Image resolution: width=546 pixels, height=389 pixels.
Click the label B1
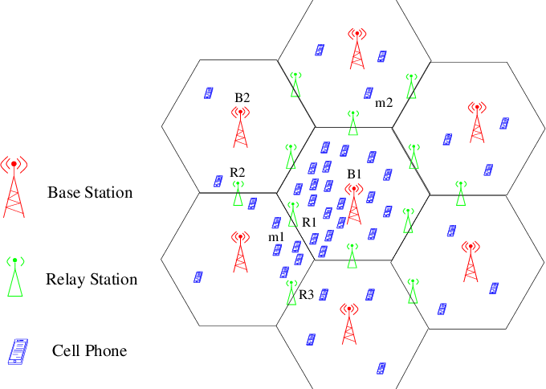coord(354,174)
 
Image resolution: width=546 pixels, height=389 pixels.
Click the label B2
coord(242,97)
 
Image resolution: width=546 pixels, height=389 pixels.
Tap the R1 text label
coord(309,222)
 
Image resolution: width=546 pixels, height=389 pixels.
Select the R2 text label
coord(237,172)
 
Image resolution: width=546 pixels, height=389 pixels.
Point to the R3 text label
coord(307,295)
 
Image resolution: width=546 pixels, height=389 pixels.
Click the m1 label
coord(276,237)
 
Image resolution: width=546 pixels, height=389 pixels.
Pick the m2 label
coord(384,103)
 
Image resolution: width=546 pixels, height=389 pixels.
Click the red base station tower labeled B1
coord(354,204)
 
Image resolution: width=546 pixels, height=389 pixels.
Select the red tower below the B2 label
coord(240,128)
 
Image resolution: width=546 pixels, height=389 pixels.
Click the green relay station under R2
coord(238,193)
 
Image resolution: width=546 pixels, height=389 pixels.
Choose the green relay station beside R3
coord(291,293)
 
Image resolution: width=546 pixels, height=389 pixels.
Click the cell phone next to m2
coord(369,93)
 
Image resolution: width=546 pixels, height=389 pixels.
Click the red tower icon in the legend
coord(14,187)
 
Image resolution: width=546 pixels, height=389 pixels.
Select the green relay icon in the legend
coord(15,277)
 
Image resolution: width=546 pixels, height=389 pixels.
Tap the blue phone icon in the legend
coord(18,352)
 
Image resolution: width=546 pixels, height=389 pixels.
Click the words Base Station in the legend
coord(90,192)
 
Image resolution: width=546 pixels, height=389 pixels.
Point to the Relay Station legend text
coord(92,279)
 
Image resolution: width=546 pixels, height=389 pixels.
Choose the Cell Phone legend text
coord(89,350)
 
